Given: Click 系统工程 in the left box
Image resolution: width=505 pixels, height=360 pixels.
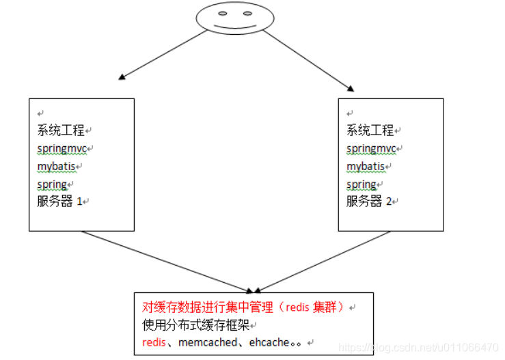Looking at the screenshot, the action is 60,130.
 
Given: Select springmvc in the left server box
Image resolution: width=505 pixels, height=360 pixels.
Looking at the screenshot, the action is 63,148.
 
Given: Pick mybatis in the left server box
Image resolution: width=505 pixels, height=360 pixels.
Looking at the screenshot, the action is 57,166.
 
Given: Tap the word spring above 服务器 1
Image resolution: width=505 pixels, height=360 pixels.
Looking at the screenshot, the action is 52,184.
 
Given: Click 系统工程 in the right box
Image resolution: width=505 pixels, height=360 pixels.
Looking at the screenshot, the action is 370,130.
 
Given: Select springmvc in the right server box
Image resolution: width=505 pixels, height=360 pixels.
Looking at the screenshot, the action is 372,148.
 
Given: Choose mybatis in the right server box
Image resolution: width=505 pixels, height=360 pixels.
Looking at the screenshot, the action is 366,166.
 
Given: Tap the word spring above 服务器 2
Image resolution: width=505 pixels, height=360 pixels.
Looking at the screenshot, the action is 361,184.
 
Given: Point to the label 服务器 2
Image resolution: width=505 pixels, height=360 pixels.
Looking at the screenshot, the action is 369,202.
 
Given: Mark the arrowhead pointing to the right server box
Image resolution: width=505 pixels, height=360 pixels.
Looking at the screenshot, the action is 351,87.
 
